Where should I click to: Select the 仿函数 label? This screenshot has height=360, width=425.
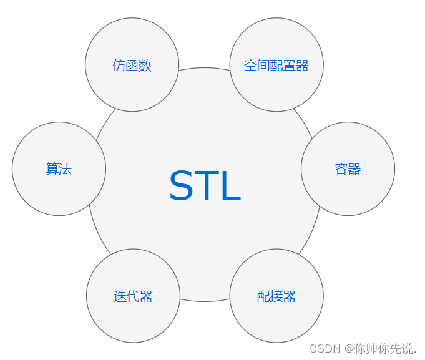(132, 66)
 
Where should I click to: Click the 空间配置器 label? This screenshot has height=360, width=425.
(276, 66)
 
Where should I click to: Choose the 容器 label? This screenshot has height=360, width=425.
(348, 169)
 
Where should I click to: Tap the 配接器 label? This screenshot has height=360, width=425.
(276, 296)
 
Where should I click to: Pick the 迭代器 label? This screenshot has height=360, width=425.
(133, 296)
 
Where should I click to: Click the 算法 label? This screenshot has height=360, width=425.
(59, 169)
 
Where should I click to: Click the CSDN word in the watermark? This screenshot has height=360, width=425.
(324, 348)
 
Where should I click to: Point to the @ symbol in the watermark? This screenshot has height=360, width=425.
(347, 348)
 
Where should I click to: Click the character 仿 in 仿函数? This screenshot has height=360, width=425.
(119, 66)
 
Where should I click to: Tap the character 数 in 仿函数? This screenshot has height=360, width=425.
(145, 66)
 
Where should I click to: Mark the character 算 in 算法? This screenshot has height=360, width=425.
(52, 169)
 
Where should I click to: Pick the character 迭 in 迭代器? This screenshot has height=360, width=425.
(120, 296)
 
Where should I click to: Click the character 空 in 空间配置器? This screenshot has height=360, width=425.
(251, 66)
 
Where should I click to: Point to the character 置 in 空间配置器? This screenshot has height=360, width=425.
(290, 66)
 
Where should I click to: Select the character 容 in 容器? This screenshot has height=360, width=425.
(341, 169)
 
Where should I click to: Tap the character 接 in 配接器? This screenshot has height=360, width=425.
(276, 296)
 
